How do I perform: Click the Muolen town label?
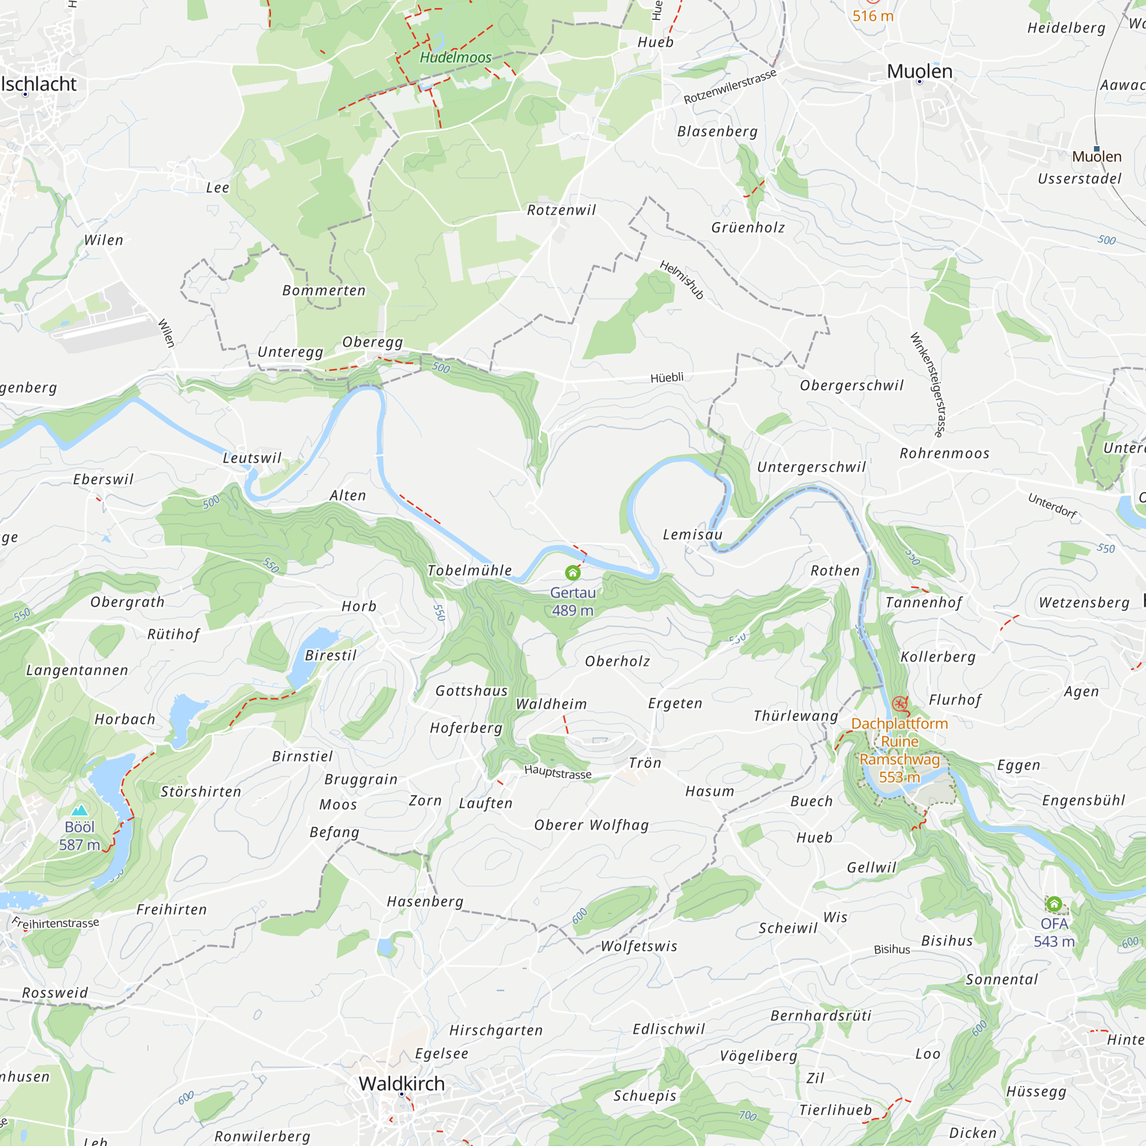[920, 71]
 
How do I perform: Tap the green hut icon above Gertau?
[572, 572]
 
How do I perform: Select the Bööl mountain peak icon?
[80, 810]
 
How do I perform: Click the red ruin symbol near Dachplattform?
[900, 704]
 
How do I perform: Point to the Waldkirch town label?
[402, 1084]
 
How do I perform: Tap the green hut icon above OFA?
[1054, 904]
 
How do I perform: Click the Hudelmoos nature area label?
[456, 57]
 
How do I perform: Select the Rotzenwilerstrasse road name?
[729, 87]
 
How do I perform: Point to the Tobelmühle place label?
[470, 571]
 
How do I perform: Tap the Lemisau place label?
[692, 535]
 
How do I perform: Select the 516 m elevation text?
[873, 16]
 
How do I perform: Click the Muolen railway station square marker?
[1097, 149]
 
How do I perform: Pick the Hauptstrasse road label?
[558, 772]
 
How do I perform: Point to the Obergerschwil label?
[852, 386]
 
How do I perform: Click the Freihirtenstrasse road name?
[56, 924]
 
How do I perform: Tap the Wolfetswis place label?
[639, 946]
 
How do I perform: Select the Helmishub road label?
[681, 280]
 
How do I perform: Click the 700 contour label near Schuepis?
[747, 1116]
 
